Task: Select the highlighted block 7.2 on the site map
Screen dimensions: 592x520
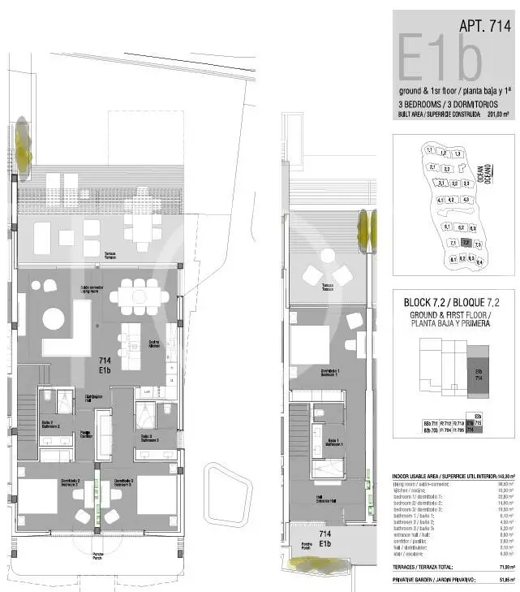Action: tap(466, 242)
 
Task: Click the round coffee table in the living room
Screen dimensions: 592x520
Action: tap(54, 318)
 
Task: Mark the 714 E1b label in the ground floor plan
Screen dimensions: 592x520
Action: tap(105, 365)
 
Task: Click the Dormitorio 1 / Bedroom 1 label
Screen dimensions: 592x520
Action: tap(329, 373)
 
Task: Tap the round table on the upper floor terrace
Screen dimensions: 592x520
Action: tap(328, 256)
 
